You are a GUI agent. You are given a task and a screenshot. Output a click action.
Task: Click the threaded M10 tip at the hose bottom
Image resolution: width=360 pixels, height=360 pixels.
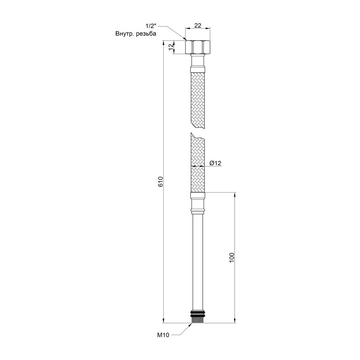tap(198, 319)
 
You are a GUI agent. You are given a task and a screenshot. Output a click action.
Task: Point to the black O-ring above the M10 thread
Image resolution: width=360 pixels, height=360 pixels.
tap(198, 311)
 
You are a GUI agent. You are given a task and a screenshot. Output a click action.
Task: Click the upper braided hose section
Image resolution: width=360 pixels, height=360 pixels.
tap(198, 99)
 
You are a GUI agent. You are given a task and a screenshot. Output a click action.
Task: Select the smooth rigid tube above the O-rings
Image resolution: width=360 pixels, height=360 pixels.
tap(198, 261)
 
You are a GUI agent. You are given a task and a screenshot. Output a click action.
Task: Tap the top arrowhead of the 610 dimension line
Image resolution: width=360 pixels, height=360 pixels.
tap(163, 43)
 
